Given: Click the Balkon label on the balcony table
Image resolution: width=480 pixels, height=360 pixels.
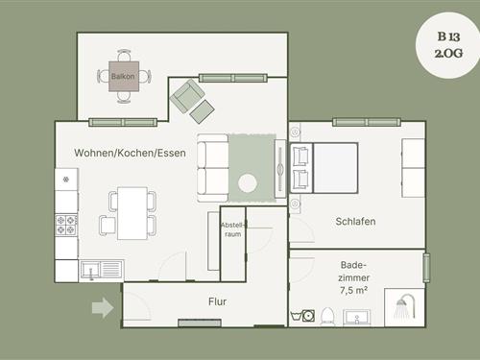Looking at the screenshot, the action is (x=123, y=77).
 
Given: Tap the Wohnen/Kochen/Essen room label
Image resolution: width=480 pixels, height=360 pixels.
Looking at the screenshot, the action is (x=130, y=153).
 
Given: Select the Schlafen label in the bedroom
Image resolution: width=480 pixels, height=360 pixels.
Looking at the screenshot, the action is (x=355, y=221).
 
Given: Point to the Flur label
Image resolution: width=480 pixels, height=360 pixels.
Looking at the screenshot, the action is (x=218, y=301).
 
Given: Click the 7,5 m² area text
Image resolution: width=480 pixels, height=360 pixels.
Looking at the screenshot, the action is (x=353, y=290).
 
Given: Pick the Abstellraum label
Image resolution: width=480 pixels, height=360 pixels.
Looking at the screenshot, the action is (x=233, y=229).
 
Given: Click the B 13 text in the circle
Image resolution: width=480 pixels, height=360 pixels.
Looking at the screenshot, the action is (x=448, y=36).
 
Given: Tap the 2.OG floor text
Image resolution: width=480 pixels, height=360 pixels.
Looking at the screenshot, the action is (x=448, y=53).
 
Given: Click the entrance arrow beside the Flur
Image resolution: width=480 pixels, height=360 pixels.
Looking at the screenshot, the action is (x=103, y=308).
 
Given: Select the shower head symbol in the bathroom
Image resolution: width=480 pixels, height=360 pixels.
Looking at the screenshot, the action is (x=405, y=306).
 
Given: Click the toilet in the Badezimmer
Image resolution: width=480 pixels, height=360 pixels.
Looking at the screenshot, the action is (x=327, y=316).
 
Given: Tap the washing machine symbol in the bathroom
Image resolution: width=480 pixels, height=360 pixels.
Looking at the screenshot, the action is (x=308, y=316).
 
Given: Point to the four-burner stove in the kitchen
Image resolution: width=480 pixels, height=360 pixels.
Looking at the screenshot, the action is (x=66, y=225).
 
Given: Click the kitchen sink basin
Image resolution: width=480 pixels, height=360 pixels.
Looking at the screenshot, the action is (x=90, y=270).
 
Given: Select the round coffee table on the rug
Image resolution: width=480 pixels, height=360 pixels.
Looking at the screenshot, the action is (x=248, y=183).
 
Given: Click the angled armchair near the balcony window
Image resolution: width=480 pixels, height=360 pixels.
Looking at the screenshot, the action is (x=187, y=96).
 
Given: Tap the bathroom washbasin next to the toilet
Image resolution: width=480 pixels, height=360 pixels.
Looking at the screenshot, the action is (x=357, y=318).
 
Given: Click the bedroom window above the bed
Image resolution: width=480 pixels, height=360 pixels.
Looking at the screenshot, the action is (x=367, y=122).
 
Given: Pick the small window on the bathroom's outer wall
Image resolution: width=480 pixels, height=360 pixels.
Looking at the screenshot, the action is (x=426, y=268).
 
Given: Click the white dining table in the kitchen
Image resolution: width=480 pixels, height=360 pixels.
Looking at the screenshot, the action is (x=132, y=213).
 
